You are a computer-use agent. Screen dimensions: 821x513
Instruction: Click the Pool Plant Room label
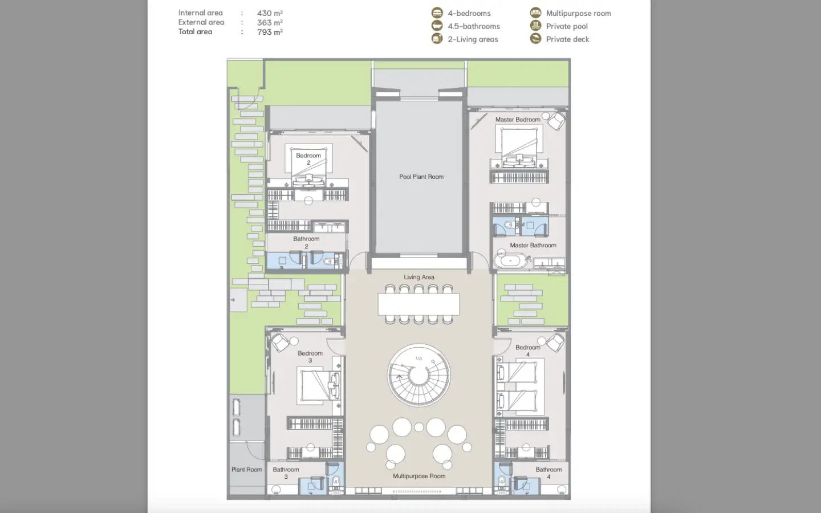(421, 177)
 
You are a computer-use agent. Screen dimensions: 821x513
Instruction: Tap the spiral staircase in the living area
(419, 375)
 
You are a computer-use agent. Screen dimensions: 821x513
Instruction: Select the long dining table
(419, 304)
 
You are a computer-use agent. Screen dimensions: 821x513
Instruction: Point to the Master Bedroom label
(518, 120)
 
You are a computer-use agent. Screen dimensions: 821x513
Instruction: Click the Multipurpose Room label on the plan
(419, 476)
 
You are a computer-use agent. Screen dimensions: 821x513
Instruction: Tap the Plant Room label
(247, 470)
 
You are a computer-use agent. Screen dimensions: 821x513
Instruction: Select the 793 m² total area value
(270, 32)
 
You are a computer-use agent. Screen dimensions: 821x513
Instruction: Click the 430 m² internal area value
(270, 13)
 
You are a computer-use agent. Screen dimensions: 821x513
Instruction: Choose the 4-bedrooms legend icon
(437, 13)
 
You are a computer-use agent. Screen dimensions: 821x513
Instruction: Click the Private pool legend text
(567, 26)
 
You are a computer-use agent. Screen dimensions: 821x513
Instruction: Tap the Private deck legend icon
(535, 39)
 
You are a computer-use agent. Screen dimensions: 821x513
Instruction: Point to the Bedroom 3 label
(310, 357)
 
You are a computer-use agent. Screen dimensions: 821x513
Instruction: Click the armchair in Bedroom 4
(555, 342)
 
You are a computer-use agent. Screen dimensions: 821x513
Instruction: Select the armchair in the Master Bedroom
(556, 121)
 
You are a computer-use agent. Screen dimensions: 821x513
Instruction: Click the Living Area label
(419, 277)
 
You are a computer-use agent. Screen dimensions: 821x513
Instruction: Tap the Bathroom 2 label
(306, 242)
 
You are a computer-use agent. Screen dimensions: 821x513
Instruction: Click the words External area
(201, 22)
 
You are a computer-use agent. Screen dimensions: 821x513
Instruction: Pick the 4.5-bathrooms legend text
(474, 26)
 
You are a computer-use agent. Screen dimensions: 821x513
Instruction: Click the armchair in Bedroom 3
(281, 343)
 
